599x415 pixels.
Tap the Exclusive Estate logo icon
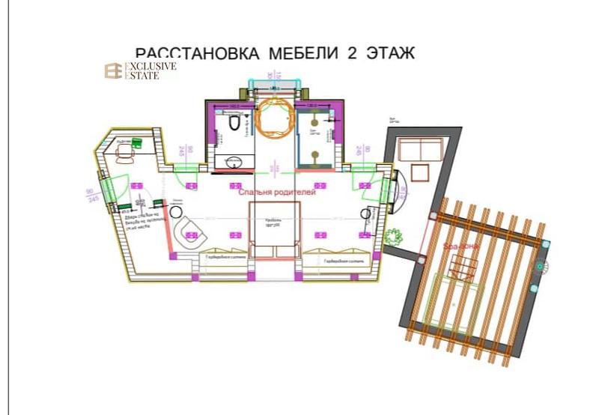pyautogui.click(x=112, y=71)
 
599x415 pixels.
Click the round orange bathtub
pyautogui.click(x=274, y=116)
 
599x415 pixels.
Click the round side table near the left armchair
pyautogui.click(x=177, y=212)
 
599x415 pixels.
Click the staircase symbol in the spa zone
pyautogui.click(x=462, y=264)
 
